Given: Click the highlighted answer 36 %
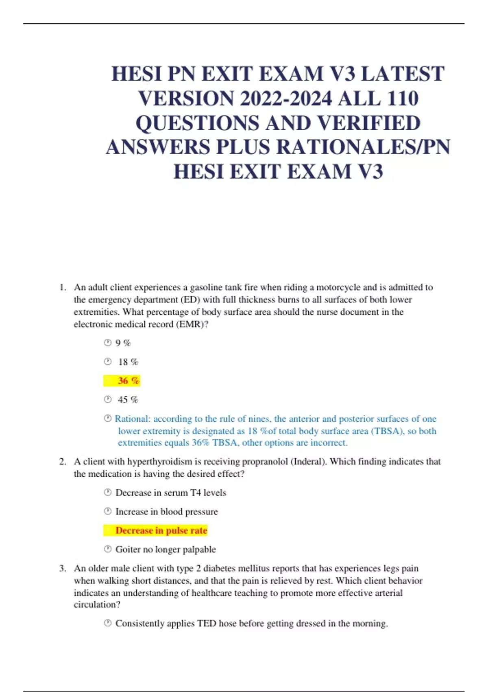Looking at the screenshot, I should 129,381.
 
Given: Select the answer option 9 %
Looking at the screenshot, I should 123,343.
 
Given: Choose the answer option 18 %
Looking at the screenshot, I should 128,362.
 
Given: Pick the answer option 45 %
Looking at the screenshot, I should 128,400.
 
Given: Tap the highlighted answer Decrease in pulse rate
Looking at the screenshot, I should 161,530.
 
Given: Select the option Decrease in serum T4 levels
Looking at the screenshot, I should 170,493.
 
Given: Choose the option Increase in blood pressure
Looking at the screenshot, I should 166,512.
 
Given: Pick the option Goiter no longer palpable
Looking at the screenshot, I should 165,550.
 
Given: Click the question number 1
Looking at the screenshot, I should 62,287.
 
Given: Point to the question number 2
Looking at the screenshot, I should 62,462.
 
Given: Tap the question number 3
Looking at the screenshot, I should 62,568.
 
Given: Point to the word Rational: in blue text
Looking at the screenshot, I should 133,419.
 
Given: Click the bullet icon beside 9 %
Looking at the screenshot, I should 108,343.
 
